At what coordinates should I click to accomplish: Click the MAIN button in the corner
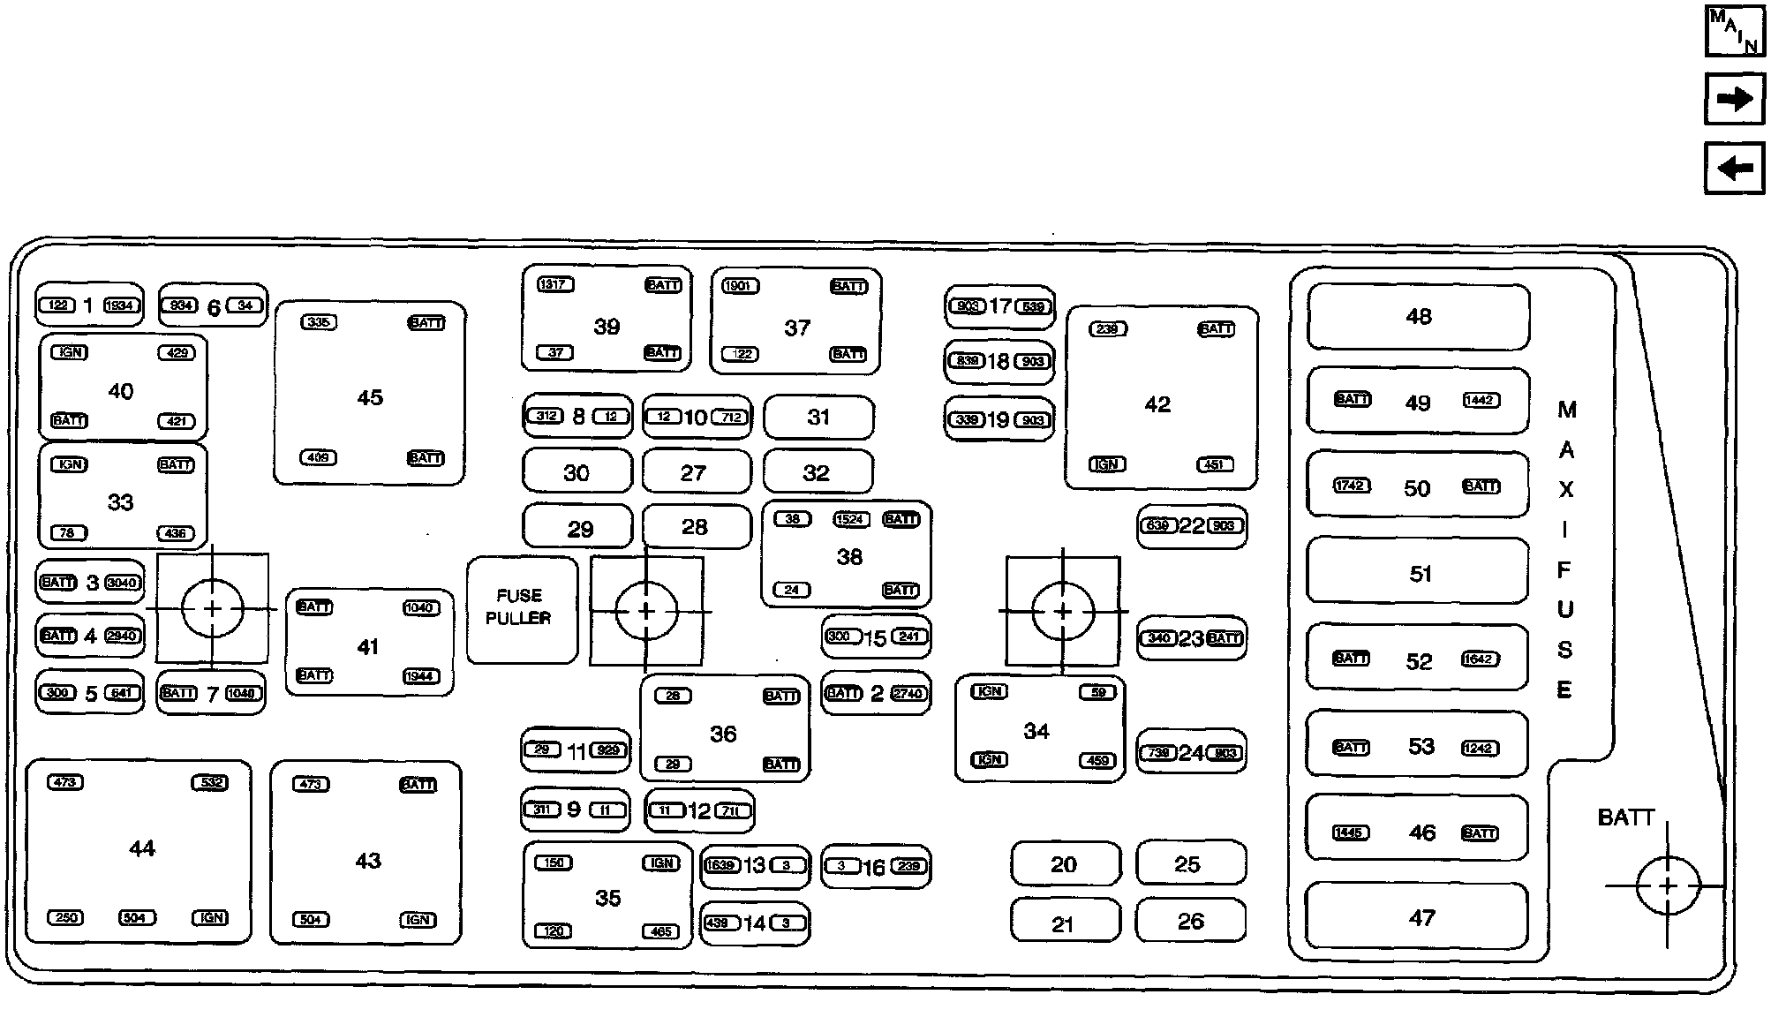(x=1734, y=32)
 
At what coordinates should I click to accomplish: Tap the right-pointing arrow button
(x=1734, y=99)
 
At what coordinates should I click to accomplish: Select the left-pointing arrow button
(x=1734, y=168)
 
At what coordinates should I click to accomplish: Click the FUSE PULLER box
(x=520, y=607)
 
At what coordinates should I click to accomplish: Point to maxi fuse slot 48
(x=1418, y=316)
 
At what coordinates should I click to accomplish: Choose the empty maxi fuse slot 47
(x=1418, y=918)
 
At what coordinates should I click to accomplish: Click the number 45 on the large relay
(x=370, y=397)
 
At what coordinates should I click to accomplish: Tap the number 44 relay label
(x=142, y=848)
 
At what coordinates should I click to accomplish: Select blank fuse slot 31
(x=818, y=418)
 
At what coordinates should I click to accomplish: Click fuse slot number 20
(x=1064, y=864)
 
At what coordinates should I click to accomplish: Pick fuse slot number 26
(x=1190, y=922)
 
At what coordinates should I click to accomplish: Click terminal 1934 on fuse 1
(x=120, y=305)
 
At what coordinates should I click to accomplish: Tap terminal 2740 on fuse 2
(x=908, y=693)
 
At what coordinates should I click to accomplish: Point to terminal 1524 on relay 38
(x=850, y=519)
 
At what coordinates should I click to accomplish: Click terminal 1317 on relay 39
(x=555, y=284)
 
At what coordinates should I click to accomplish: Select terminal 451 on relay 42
(x=1215, y=464)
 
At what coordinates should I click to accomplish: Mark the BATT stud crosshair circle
(x=1668, y=885)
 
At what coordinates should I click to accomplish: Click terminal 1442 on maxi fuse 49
(x=1480, y=400)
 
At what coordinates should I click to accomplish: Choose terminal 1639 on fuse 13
(x=721, y=865)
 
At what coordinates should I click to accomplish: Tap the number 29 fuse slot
(x=578, y=529)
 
